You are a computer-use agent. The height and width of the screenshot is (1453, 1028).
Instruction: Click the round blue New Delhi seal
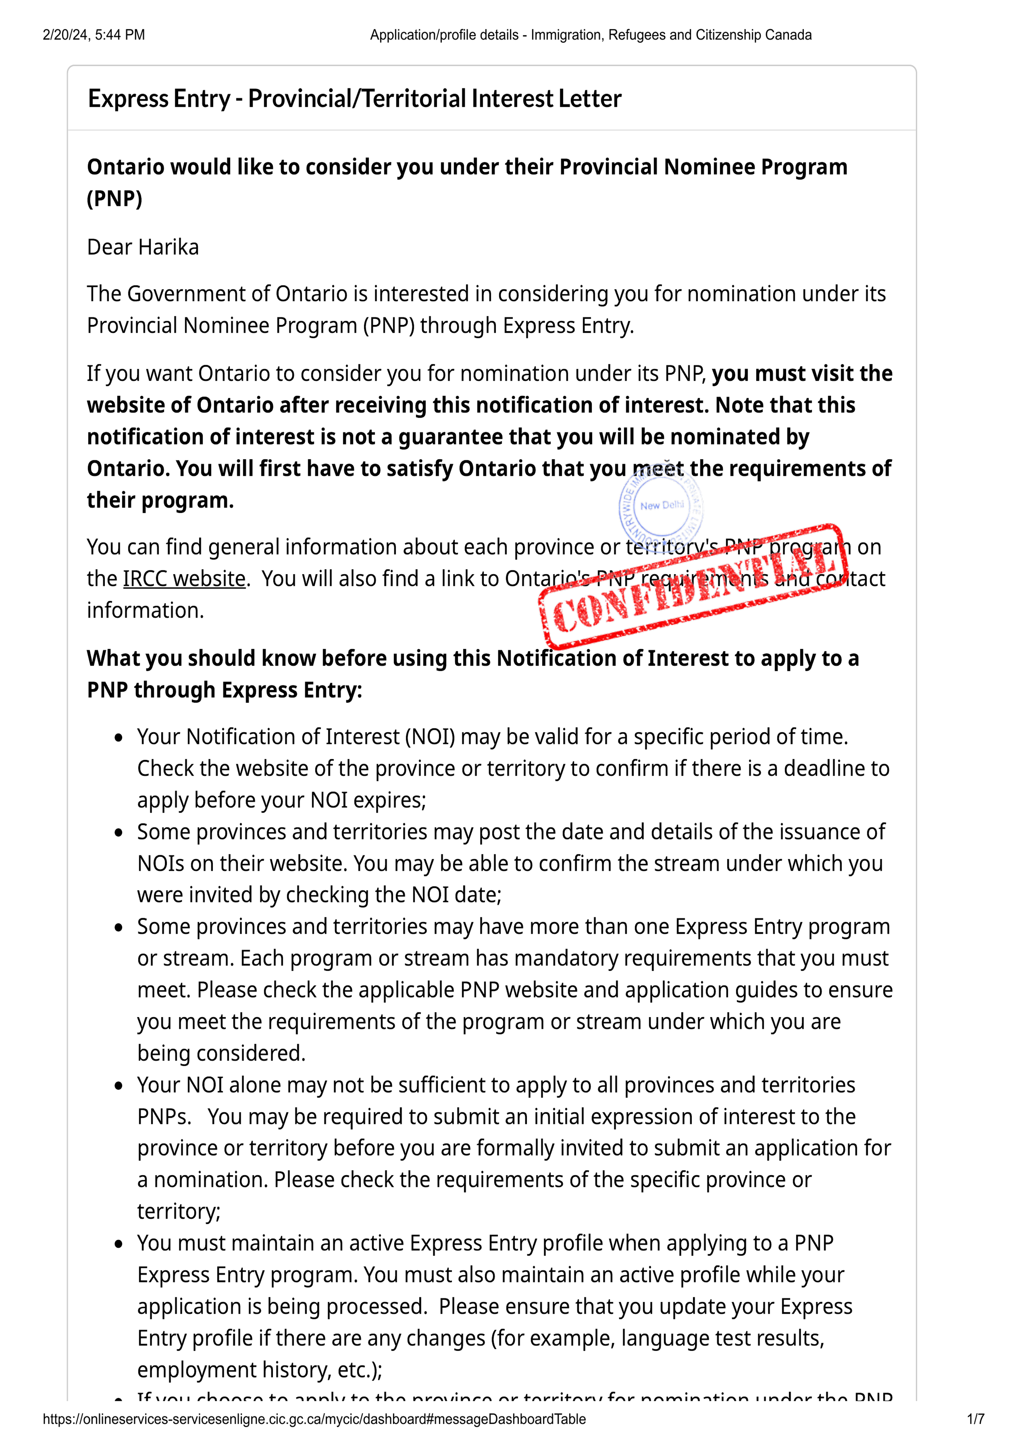click(x=661, y=506)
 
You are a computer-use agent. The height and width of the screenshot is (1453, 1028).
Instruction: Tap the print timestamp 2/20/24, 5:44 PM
click(x=94, y=35)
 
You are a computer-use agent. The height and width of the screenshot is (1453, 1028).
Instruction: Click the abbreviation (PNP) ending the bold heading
click(x=115, y=199)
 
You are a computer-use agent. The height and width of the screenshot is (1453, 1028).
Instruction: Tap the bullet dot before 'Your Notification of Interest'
click(x=119, y=738)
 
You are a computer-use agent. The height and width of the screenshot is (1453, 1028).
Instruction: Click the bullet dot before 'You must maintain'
click(x=119, y=1244)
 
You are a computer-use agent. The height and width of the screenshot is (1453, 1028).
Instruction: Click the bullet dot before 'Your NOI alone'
click(x=119, y=1086)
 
